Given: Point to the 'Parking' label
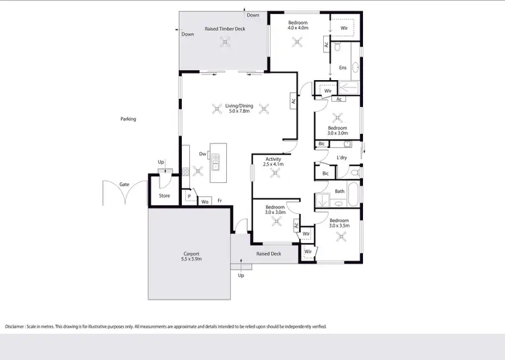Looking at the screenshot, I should pyautogui.click(x=128, y=119).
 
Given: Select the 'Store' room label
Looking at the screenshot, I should pyautogui.click(x=164, y=196).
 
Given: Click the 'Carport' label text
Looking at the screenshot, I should pyautogui.click(x=191, y=254).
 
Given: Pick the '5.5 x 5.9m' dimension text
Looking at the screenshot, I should pyautogui.click(x=191, y=259).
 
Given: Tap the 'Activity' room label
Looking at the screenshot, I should pyautogui.click(x=273, y=159).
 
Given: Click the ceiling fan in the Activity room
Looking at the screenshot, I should pyautogui.click(x=275, y=174).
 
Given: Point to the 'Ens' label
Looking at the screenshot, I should pyautogui.click(x=342, y=67).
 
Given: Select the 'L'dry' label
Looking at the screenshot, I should pyautogui.click(x=342, y=158).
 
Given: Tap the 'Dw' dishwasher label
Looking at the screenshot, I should pyautogui.click(x=202, y=153).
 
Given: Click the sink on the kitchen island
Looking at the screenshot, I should pyautogui.click(x=215, y=162).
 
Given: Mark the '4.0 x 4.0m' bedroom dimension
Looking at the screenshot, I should pyautogui.click(x=298, y=28).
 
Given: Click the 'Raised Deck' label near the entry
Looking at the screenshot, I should pyautogui.click(x=268, y=254).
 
